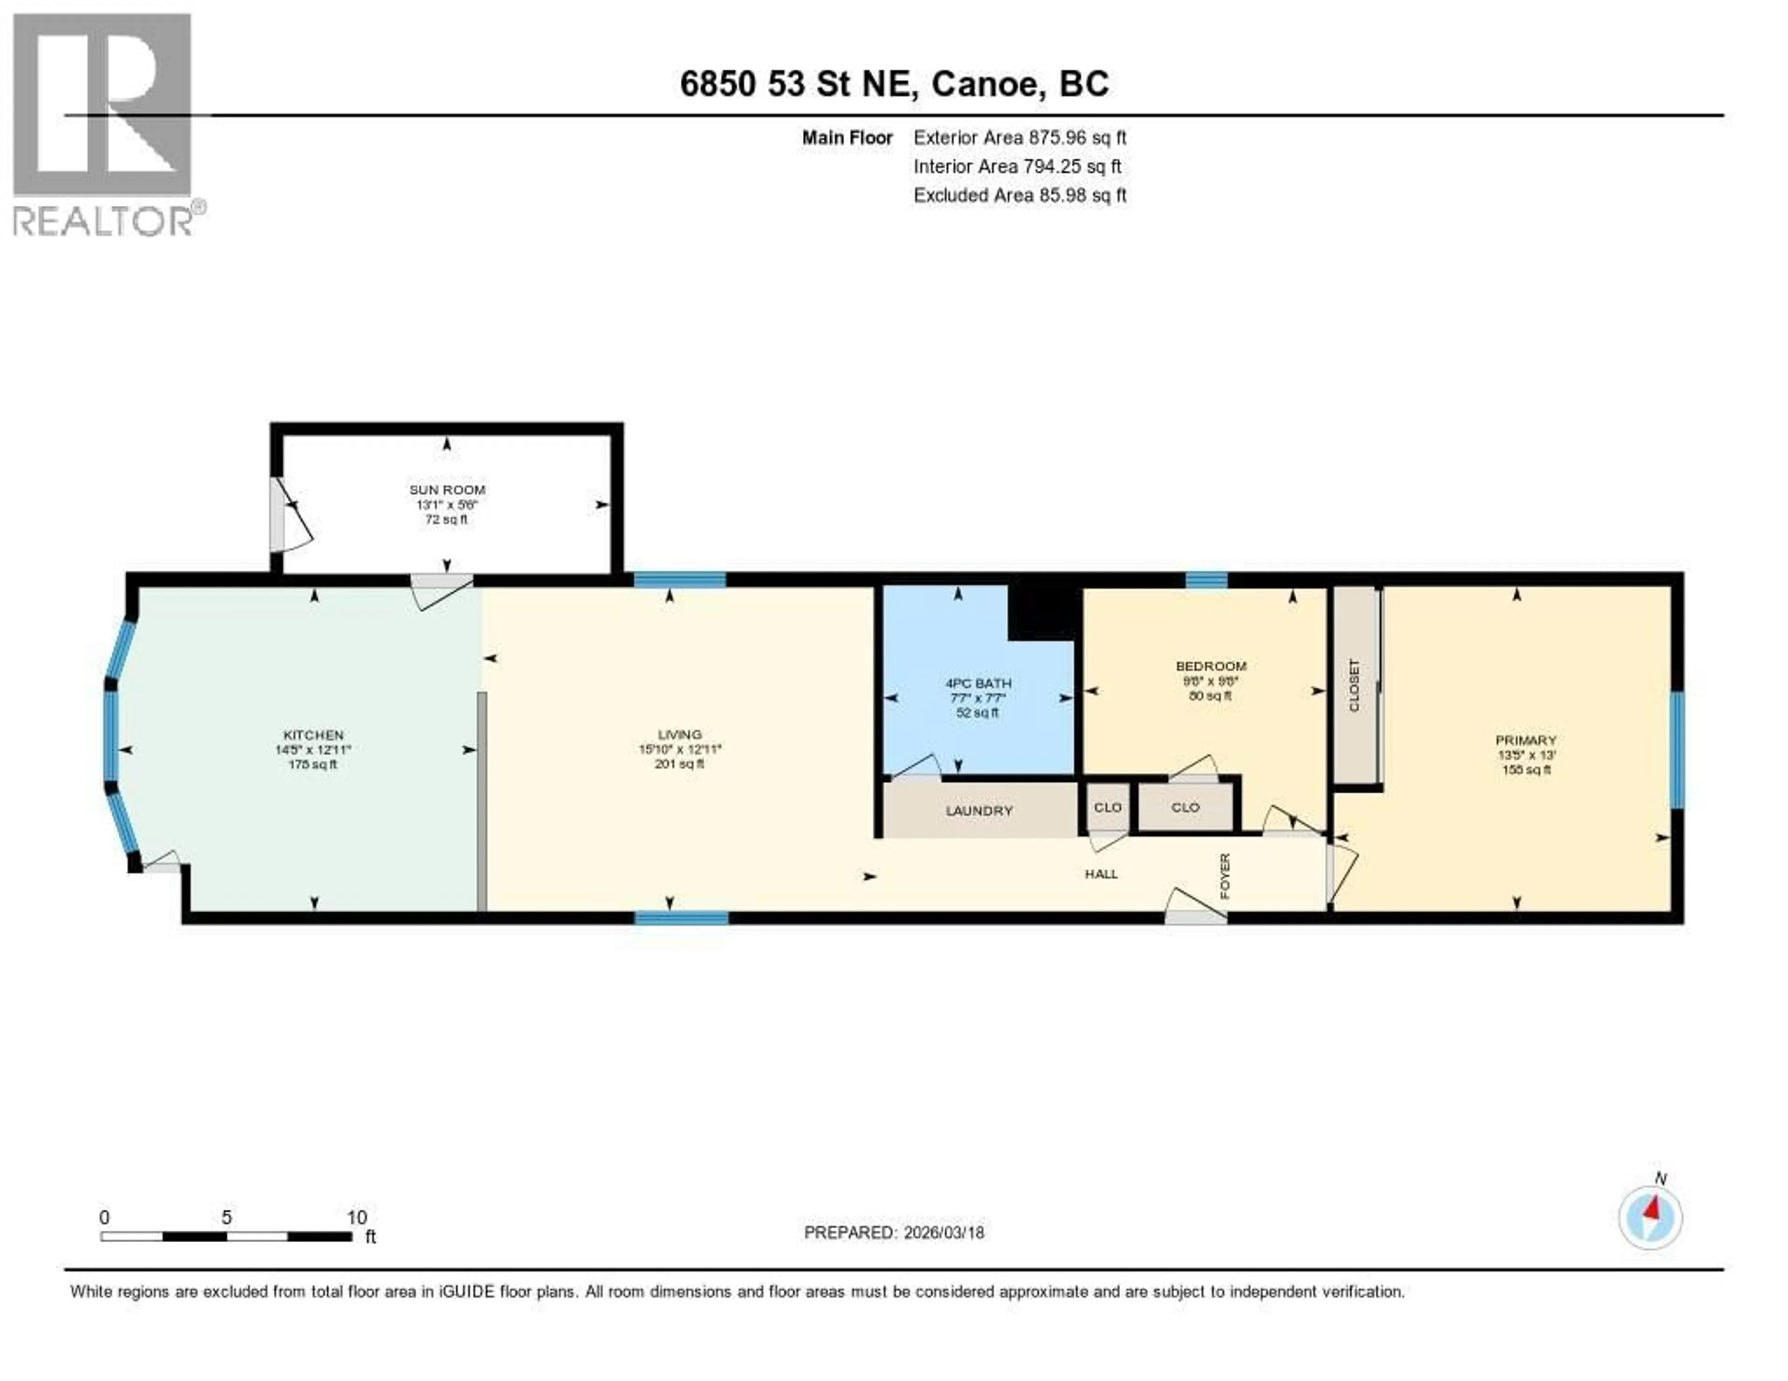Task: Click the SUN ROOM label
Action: coord(447,489)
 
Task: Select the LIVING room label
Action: coord(679,734)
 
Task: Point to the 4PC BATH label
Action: coord(978,683)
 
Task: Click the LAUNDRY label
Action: coord(979,811)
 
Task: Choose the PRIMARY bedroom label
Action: coord(1525,740)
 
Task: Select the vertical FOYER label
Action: coord(1225,876)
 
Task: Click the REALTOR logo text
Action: coord(102,221)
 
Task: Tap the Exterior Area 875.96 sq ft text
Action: coord(1019,137)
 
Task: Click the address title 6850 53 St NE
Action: coord(894,83)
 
